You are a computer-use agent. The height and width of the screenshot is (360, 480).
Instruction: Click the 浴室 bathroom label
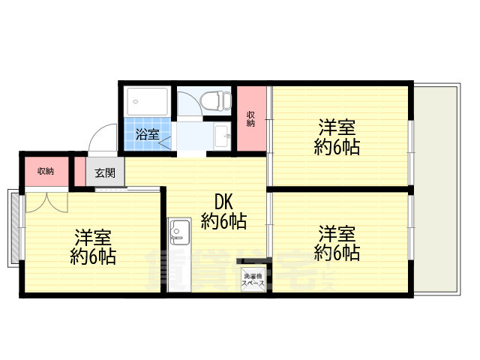coord(148,135)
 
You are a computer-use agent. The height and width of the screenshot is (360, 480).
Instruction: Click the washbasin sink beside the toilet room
coord(221,136)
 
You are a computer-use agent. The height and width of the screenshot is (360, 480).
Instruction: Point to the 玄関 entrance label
coord(105,172)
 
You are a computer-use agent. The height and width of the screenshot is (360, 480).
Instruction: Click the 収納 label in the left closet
coord(45,171)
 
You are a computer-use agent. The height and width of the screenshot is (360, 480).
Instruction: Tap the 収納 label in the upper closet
coord(252,118)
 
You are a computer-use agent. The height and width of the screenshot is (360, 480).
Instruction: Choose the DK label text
coord(223,202)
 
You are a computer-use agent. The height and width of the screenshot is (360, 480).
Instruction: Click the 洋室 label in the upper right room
coord(335,127)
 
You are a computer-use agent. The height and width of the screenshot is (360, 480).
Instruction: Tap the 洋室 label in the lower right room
coord(335,232)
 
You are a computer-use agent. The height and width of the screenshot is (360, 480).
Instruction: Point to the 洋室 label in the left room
coord(92,238)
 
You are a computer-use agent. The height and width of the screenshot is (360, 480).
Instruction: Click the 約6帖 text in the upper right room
coord(335,147)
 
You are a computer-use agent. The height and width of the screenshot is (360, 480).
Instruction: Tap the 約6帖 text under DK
coord(223,221)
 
